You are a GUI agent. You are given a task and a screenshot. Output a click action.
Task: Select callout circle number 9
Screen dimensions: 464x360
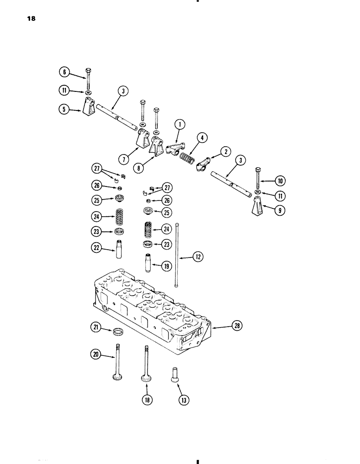[x=279, y=210]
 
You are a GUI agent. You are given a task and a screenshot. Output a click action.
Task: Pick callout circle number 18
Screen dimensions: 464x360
[x=147, y=399]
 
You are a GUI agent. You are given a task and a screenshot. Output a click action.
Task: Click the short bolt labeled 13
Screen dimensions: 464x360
[x=174, y=374]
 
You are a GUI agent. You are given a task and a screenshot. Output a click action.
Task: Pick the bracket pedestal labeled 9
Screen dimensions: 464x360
[x=257, y=206]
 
